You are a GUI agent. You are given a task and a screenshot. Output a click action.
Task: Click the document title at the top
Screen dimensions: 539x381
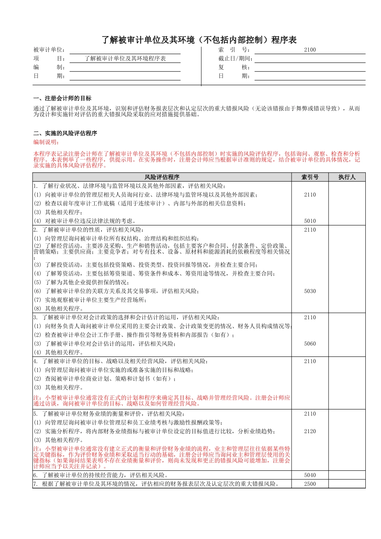pos(199,40)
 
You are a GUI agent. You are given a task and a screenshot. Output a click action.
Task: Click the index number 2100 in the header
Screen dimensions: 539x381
pos(310,50)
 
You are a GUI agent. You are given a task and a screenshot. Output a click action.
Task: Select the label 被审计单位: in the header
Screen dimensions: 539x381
pos(49,50)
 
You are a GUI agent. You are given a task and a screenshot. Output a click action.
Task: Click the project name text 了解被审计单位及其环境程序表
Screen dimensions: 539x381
pos(125,59)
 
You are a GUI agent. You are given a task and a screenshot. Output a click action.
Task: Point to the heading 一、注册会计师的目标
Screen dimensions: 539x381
pos(62,98)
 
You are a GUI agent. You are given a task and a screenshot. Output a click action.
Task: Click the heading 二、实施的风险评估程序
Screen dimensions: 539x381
pos(65,133)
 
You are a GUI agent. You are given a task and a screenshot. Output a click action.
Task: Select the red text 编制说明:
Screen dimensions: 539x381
pos(46,142)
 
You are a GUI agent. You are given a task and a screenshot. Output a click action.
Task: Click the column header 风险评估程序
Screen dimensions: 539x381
pos(162,177)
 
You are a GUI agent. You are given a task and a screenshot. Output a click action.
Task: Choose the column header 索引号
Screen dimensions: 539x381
pos(310,177)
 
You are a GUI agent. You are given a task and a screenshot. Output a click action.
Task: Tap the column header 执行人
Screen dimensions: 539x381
pos(347,177)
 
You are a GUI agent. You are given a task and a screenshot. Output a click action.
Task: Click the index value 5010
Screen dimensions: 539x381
pos(310,221)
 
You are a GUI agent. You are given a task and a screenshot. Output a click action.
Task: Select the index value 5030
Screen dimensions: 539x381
pos(310,291)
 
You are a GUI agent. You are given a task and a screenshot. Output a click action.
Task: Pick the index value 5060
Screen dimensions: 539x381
pos(310,344)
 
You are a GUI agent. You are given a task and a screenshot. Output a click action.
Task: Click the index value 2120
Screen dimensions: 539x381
pos(310,431)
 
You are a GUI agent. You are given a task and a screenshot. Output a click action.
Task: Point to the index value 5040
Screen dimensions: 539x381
pos(310,475)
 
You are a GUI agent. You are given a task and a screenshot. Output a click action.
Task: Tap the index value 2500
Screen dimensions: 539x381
pos(310,484)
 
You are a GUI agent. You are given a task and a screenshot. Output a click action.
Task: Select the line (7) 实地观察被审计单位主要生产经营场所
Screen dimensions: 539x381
pos(90,300)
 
